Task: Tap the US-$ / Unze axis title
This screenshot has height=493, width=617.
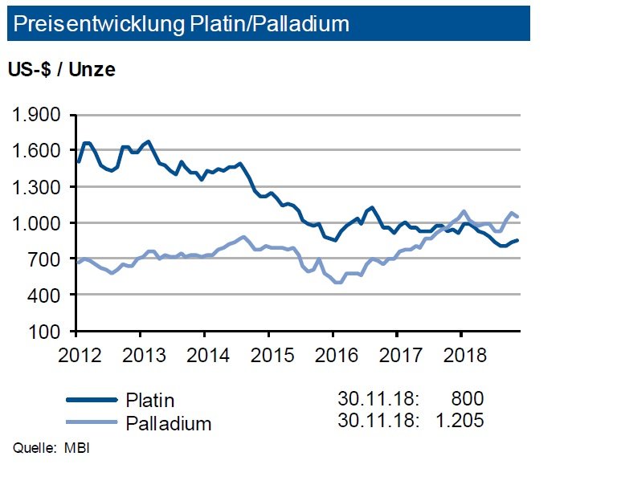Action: pos(62,70)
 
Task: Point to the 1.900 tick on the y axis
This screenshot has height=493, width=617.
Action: pos(37,115)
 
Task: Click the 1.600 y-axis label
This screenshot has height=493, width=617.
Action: pos(37,151)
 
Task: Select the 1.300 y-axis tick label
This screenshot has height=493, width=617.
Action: pos(37,187)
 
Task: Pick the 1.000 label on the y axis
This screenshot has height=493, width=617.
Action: pos(37,223)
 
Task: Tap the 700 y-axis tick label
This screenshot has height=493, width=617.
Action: pos(47,259)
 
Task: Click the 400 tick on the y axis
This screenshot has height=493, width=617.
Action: pos(47,295)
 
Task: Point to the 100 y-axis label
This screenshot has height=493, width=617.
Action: pos(47,331)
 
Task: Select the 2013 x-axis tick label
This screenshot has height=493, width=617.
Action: pos(141,354)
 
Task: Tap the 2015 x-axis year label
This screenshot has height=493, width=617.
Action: pos(268,354)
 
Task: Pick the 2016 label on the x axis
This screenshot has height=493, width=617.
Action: pos(333,354)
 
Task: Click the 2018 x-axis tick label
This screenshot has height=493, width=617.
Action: pos(461,354)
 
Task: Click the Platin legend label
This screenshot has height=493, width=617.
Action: pos(150,401)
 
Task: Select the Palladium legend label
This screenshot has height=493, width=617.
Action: pos(169,423)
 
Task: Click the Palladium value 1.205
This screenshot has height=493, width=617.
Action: pos(460,421)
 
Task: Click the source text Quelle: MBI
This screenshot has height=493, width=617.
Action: pos(51,447)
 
